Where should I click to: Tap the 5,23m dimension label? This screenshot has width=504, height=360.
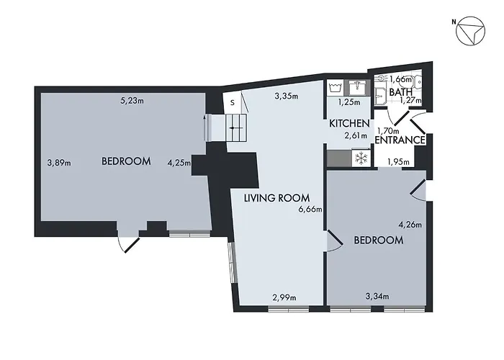click(132, 101)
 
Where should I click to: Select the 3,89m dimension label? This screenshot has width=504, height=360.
click(58, 162)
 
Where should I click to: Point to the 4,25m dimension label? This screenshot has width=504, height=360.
click(179, 162)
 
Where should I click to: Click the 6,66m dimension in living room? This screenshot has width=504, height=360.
click(310, 210)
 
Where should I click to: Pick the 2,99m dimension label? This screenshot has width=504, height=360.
click(283, 297)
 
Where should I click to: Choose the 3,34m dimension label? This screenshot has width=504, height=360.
click(377, 297)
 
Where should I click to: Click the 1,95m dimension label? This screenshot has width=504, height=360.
click(398, 162)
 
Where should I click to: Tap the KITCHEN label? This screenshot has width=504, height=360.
click(349, 124)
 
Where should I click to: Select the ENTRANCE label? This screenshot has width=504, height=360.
click(400, 140)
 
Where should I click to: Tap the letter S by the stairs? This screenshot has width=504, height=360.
click(232, 102)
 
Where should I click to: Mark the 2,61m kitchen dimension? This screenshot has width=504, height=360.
click(356, 135)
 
